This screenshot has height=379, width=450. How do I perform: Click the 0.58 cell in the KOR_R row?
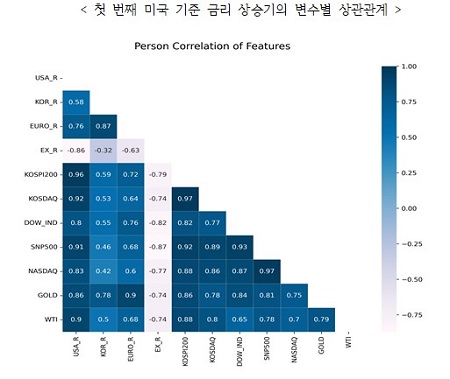[x=76, y=102]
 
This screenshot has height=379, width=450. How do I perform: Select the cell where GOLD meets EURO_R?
[x=130, y=297]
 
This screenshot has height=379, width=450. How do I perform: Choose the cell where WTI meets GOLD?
[x=322, y=320]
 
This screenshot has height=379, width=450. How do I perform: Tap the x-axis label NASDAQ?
[x=296, y=351]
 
